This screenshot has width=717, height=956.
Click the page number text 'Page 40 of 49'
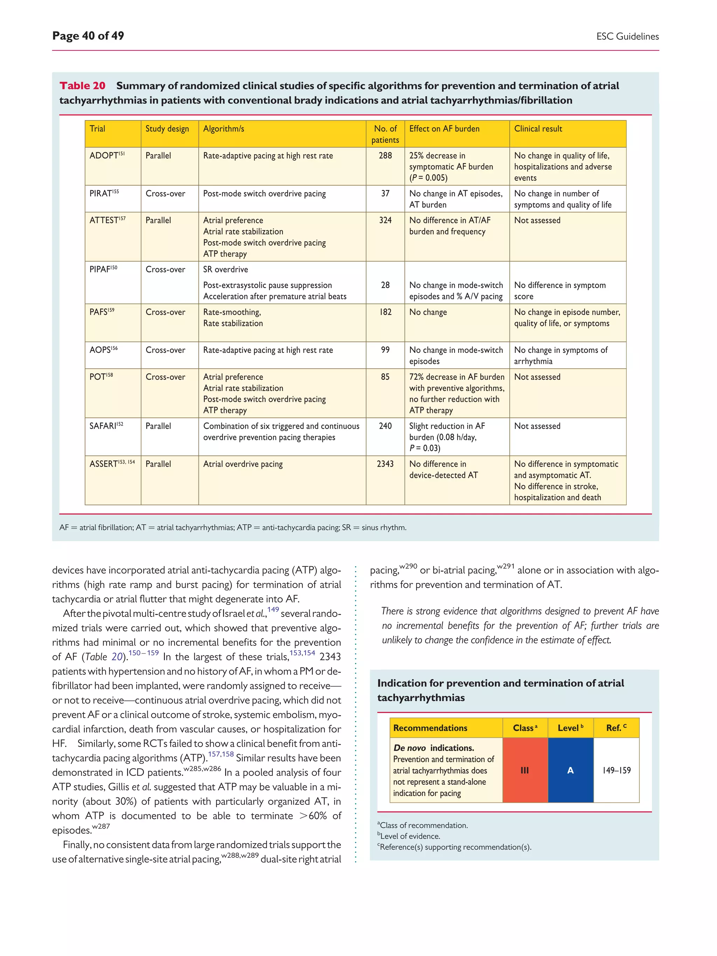[88, 36]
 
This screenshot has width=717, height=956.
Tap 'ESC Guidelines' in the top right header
[627, 37]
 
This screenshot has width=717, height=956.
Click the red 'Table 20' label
[82, 85]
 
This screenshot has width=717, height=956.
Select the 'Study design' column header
[167, 129]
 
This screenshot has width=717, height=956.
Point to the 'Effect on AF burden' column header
[444, 129]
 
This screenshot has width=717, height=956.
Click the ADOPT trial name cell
[107, 155]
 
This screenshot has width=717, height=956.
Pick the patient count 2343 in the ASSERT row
[385, 464]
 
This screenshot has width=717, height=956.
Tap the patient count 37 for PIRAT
[385, 194]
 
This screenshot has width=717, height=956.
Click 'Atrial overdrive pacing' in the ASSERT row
[243, 464]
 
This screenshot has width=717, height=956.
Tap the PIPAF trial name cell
[103, 269]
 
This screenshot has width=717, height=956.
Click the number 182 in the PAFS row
[385, 312]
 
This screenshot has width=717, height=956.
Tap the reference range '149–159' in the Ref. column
[616, 770]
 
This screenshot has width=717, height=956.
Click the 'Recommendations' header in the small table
[430, 728]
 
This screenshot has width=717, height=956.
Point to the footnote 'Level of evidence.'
[410, 836]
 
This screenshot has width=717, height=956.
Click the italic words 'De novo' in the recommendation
[409, 748]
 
